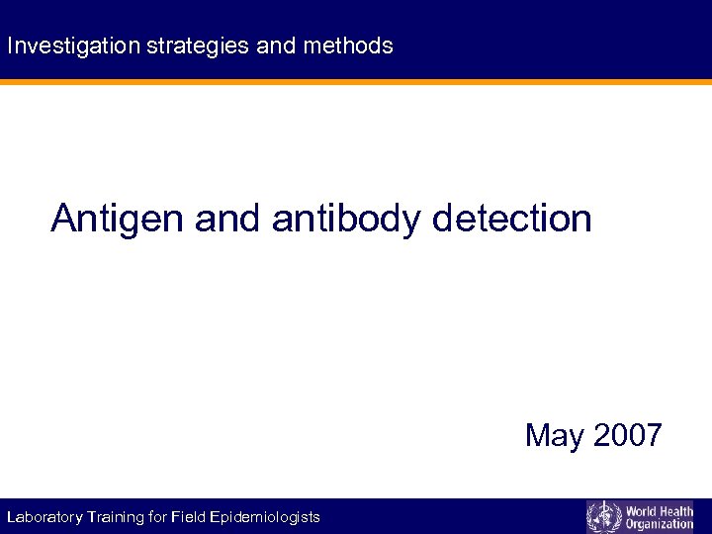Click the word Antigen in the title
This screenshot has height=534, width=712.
click(118, 219)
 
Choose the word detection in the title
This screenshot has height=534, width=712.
click(512, 219)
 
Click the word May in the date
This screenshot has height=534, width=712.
click(555, 435)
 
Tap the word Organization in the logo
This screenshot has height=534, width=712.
click(660, 524)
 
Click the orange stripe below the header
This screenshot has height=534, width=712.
click(356, 82)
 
